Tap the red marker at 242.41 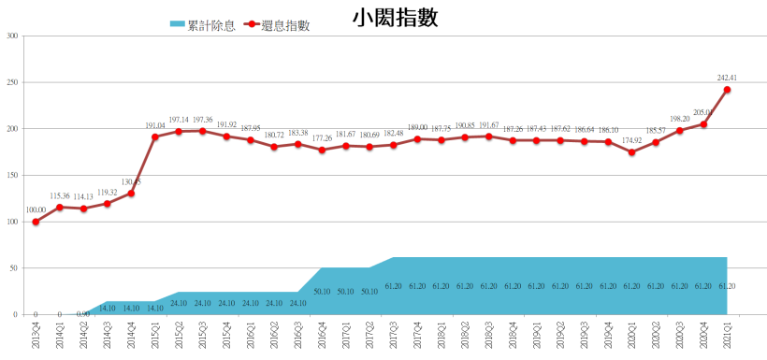coord(727,90)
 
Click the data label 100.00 coord(35,210)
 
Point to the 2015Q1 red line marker coord(155,137)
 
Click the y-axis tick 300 coord(12,36)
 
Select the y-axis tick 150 coord(12,176)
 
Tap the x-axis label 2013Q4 coord(36,334)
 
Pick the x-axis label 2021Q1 coord(727,334)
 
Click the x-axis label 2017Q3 coord(394,334)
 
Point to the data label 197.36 coord(202,120)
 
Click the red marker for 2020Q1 coord(631,152)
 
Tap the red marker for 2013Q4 coord(36,222)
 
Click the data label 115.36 coord(59,195)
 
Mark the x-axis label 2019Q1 coord(536,334)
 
